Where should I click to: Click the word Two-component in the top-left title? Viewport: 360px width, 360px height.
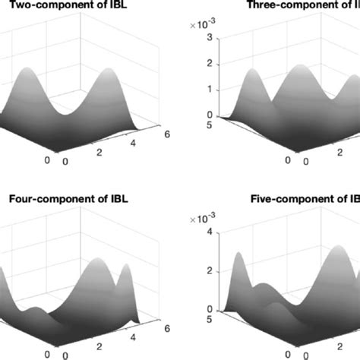(46, 11)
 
